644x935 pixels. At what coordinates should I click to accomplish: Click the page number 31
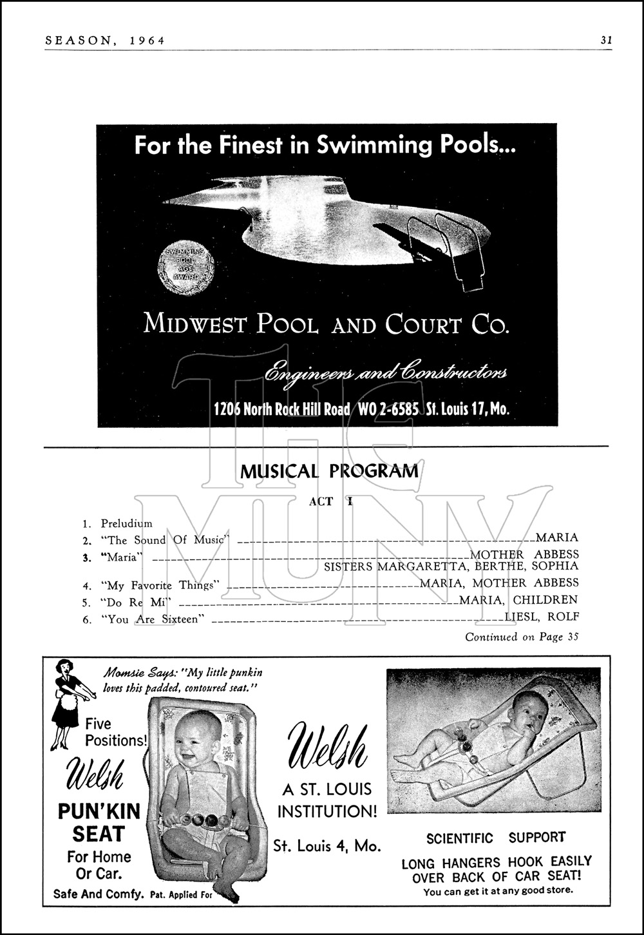click(606, 40)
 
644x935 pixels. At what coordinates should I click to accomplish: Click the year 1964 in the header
click(147, 40)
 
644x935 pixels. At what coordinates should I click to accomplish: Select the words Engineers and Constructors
click(386, 373)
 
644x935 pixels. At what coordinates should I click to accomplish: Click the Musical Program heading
click(329, 471)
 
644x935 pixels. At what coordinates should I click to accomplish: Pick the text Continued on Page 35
click(522, 637)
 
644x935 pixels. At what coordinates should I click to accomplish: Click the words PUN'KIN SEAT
click(99, 822)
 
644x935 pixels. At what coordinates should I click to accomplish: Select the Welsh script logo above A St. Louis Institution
click(327, 748)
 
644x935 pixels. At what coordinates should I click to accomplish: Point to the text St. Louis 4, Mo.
click(327, 845)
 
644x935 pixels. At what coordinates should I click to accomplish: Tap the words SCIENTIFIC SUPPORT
click(496, 838)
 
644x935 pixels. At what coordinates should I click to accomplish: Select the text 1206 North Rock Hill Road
click(282, 409)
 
